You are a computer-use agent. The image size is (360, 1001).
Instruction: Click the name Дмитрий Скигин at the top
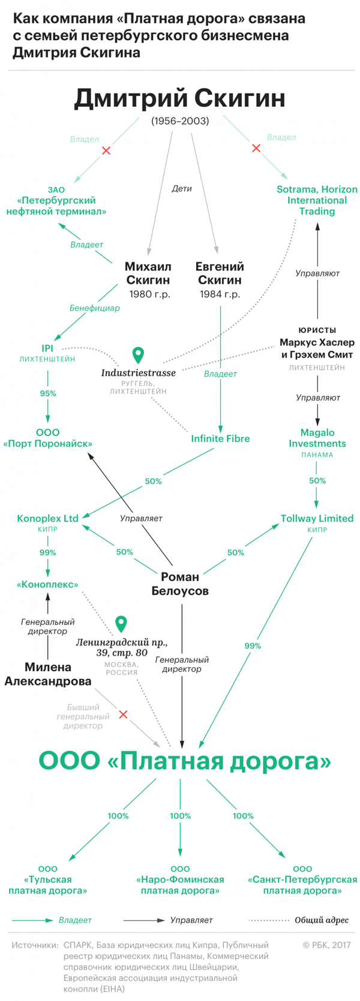(179, 98)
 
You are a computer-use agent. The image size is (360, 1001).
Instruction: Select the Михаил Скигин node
(148, 273)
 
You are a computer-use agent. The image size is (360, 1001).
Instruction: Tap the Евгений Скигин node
(220, 273)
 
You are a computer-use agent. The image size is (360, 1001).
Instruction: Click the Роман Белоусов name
(180, 584)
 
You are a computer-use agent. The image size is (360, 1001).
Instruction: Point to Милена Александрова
(48, 674)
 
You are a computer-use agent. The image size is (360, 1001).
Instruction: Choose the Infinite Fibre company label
(220, 438)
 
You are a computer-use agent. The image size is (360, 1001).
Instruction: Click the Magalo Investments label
(317, 438)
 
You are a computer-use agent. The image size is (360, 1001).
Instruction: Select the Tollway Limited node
(317, 518)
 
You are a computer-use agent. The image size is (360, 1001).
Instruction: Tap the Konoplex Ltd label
(48, 518)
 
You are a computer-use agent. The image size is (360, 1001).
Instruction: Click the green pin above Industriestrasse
(138, 355)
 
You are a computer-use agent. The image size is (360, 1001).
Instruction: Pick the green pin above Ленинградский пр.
(121, 624)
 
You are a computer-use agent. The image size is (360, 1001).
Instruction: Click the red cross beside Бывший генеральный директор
(123, 714)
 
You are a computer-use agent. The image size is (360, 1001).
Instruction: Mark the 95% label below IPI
(48, 393)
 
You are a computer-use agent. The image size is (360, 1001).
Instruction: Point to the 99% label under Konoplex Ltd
(48, 552)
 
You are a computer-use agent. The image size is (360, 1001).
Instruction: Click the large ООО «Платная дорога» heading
(185, 762)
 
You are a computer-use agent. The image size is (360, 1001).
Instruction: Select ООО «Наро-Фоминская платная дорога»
(180, 880)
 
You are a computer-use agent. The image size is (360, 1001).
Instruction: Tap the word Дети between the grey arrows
(182, 188)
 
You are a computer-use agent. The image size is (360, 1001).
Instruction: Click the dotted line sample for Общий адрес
(269, 920)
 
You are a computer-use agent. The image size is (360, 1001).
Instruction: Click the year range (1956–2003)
(180, 121)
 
